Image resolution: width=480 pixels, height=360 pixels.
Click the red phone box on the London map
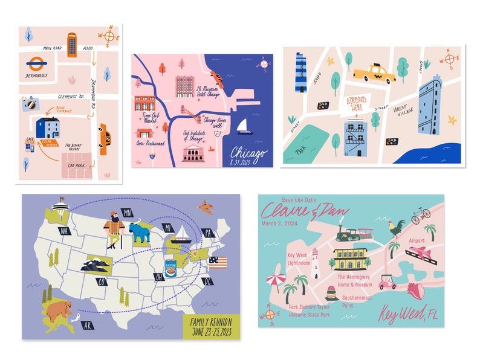pos(72,45)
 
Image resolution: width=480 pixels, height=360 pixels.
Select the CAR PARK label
pos(77,165)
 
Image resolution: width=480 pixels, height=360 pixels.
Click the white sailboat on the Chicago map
pos(244,126)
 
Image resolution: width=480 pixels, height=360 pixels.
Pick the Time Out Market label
pos(149,117)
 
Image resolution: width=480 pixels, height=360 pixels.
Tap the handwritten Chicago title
pos(247,153)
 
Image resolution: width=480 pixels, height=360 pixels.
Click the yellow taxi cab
pos(374,74)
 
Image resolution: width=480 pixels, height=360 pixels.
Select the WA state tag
pos(64,230)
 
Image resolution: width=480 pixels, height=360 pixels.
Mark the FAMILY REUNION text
pos(211,321)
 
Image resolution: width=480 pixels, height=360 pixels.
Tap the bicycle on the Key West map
pos(420,215)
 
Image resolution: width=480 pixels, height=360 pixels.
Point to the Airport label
pos(417,240)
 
